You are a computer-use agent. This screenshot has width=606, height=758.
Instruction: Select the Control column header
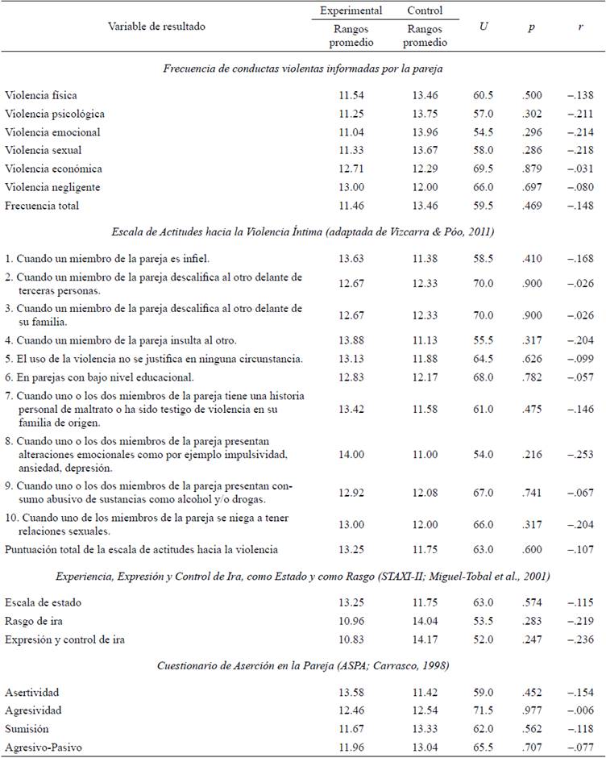pos(425,10)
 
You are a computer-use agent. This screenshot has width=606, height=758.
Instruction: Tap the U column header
pos(484,27)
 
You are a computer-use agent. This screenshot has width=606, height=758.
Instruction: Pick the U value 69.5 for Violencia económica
pos(484,169)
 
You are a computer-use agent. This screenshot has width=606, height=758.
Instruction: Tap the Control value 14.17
pos(425,639)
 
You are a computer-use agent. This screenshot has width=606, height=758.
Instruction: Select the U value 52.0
pos(484,639)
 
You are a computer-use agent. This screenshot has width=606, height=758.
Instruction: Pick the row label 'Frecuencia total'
pos(44,206)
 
